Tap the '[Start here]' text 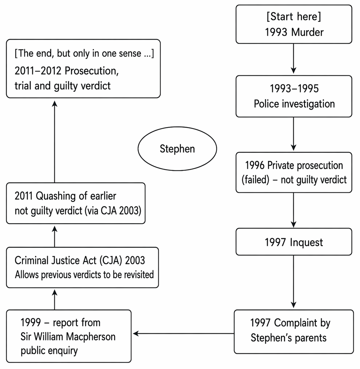(294, 17)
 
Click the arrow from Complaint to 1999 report (183, 333)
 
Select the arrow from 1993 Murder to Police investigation (294, 59)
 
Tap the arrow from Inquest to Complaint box (294, 282)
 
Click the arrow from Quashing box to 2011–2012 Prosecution (54, 142)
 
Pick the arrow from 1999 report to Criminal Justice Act (54, 299)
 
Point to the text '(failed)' (255, 180)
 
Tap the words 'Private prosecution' (305, 165)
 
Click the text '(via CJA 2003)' (113, 211)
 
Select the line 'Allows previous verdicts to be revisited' (84, 275)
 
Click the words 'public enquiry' (49, 351)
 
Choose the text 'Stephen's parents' (289, 338)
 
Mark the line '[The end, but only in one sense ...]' (84, 54)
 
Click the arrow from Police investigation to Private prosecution (294, 134)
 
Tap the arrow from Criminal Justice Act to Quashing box (54, 236)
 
